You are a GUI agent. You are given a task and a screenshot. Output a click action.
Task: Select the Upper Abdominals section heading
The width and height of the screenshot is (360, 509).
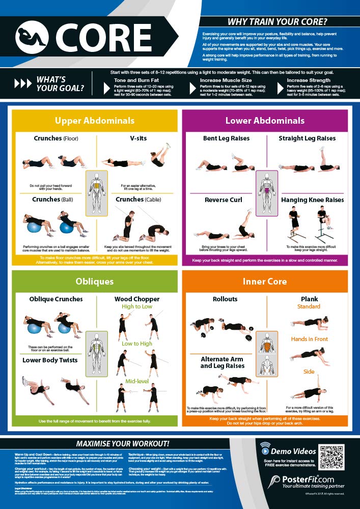(x=95, y=121)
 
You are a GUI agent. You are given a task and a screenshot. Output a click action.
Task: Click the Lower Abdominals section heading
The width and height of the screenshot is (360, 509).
(x=265, y=121)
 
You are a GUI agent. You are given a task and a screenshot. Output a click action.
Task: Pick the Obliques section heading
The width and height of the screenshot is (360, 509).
(x=95, y=281)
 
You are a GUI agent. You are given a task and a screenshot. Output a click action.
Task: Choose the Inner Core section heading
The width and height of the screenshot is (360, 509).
(x=265, y=281)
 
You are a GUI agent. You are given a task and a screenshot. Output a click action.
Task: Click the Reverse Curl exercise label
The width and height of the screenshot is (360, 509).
(x=224, y=200)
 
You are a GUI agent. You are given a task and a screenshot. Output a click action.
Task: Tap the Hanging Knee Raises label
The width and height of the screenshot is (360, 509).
(x=312, y=200)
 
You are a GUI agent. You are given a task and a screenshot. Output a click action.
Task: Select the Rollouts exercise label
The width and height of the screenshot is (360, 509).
(x=225, y=299)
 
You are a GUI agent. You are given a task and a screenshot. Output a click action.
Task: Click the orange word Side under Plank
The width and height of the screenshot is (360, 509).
(x=309, y=372)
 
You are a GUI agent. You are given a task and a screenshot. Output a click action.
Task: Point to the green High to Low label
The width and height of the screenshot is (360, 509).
(x=137, y=307)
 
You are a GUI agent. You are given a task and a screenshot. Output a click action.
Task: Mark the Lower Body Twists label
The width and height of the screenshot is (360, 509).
(x=50, y=360)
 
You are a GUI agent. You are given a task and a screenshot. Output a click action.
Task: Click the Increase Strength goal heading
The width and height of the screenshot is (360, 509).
(x=309, y=80)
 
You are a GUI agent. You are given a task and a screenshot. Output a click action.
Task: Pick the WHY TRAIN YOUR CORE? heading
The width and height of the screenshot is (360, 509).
(x=277, y=22)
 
